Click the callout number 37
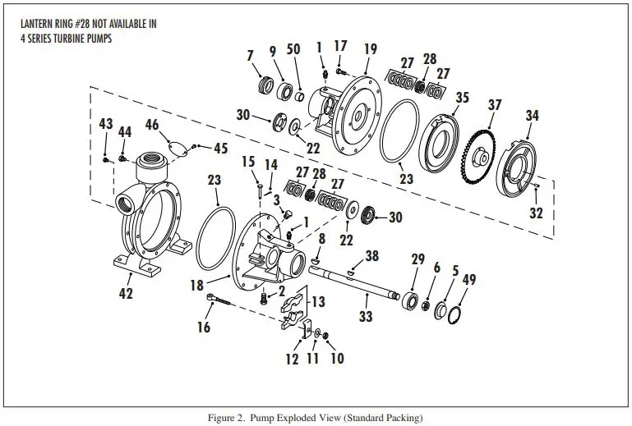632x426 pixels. [494, 105]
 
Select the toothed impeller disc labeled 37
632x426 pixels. [473, 154]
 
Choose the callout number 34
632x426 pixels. [533, 116]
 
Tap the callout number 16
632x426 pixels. [204, 328]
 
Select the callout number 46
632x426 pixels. [152, 125]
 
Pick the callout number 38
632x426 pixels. [372, 256]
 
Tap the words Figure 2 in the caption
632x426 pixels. [228, 418]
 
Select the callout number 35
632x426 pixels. [462, 98]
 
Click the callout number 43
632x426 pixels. [105, 123]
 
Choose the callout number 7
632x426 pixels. [251, 55]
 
